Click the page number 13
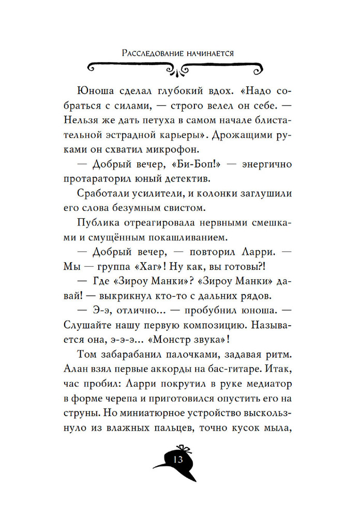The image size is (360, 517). coord(179,460)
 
